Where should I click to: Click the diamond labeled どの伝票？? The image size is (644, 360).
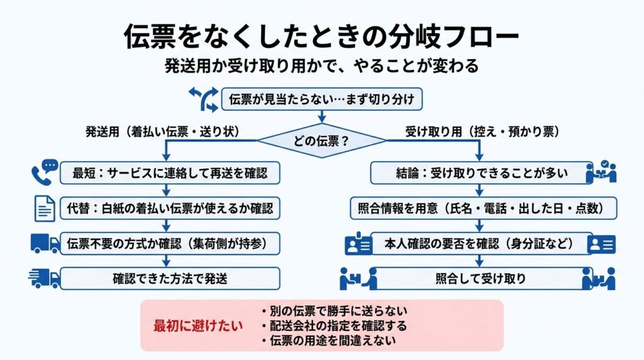pos(321,141)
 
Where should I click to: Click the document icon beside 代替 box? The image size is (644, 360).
pos(44,207)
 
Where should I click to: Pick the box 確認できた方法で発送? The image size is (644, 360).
pos(170,278)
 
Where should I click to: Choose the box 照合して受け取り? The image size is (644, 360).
pos(480,278)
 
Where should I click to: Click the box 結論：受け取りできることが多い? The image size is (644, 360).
pos(480,172)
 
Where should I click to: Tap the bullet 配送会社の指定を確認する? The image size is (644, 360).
pos(334,326)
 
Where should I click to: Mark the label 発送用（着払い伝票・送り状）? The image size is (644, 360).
pos(164,132)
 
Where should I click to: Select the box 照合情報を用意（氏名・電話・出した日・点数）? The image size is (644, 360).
pos(484,207)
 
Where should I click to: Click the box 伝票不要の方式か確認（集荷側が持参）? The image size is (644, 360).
pos(170,243)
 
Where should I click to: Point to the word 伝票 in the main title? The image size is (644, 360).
pos(148,37)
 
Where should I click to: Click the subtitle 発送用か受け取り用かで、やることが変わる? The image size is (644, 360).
pos(322,65)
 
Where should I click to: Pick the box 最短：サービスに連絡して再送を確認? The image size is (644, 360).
pos(170,172)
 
